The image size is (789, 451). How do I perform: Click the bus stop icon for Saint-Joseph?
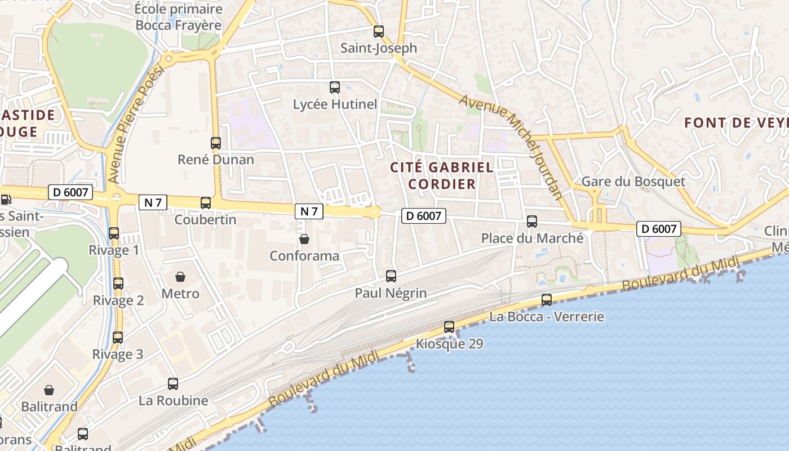click(379, 32)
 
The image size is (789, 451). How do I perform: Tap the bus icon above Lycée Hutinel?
click(335, 87)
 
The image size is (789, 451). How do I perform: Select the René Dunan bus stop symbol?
click(216, 143)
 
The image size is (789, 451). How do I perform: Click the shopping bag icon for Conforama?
click(304, 239)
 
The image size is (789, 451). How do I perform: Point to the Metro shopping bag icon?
click(180, 277)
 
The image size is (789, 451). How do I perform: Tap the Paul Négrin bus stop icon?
click(391, 276)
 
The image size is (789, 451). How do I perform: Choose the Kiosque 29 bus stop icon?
click(449, 327)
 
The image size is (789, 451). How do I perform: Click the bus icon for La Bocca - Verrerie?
click(547, 300)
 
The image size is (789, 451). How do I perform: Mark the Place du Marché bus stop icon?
click(532, 222)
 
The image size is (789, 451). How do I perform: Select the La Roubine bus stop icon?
click(173, 384)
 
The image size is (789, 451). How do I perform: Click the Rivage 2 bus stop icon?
click(118, 284)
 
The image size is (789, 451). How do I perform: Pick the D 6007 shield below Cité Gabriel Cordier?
click(423, 215)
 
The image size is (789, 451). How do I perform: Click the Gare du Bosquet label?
click(633, 182)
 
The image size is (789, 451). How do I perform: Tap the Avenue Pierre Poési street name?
click(135, 124)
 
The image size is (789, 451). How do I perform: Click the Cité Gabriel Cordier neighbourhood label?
click(442, 175)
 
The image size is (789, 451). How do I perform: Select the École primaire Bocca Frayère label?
click(179, 17)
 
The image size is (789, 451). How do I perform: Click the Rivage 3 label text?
click(118, 355)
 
